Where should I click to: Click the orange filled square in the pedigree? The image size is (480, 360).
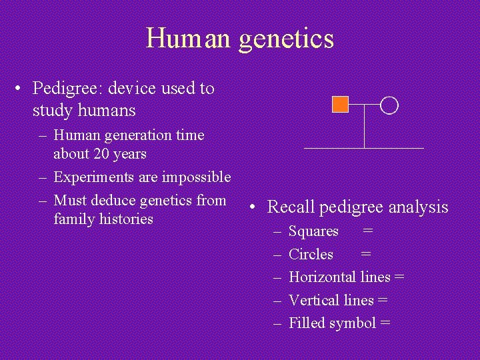pyautogui.click(x=340, y=104)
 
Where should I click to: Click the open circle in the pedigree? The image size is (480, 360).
pyautogui.click(x=390, y=105)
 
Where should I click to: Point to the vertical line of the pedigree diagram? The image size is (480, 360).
pyautogui.click(x=364, y=127)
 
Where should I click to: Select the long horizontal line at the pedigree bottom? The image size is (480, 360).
pyautogui.click(x=364, y=147)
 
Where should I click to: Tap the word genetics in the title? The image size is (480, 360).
pyautogui.click(x=286, y=39)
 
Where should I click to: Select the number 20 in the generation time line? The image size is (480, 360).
pyautogui.click(x=102, y=153)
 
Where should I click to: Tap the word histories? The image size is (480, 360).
pyautogui.click(x=126, y=219)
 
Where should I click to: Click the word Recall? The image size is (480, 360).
pyautogui.click(x=291, y=207)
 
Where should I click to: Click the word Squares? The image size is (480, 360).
pyautogui.click(x=313, y=231)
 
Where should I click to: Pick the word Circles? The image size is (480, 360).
pyautogui.click(x=311, y=254)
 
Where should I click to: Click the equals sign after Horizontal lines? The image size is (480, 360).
pyautogui.click(x=399, y=277)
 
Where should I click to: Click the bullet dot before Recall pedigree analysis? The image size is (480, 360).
pyautogui.click(x=255, y=207)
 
